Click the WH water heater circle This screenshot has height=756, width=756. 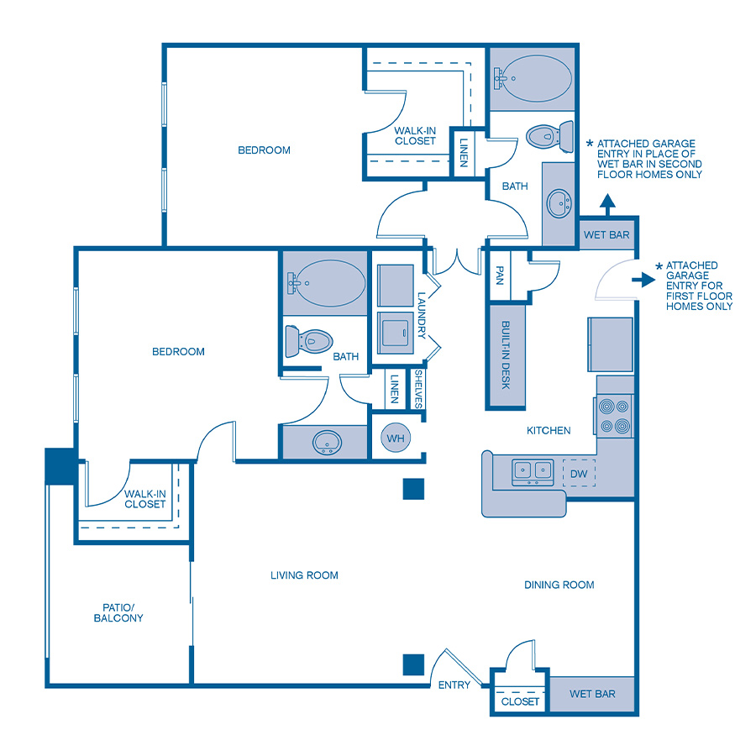pos(396,438)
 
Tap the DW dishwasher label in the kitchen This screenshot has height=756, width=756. pos(579,473)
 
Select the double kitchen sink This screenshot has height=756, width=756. pos(533,471)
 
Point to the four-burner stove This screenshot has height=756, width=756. pos(614,416)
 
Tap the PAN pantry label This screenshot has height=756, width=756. pos(500,276)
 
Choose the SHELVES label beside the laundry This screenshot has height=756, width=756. pos(417,389)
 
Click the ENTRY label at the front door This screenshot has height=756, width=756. pos(454,685)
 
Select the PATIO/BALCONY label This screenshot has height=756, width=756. pos(118,612)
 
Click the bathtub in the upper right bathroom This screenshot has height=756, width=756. pos(532,78)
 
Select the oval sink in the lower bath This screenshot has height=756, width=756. pos(324,442)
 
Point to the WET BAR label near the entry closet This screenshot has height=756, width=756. pos(592,694)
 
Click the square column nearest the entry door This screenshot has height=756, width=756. pos(412,664)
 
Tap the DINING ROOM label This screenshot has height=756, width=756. pos(559,585)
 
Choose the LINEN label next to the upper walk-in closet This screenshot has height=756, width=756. pos(463,152)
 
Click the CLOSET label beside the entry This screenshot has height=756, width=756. pos(519,701)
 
